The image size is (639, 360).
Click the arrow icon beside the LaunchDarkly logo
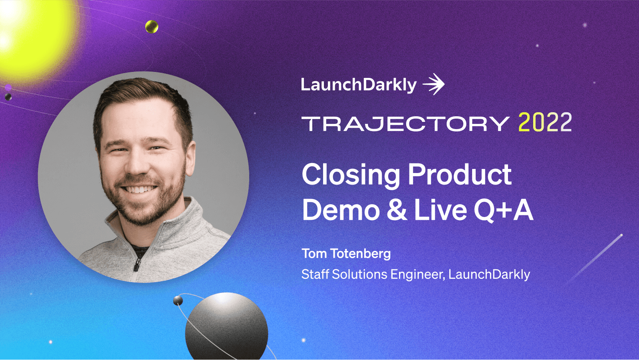(434, 84)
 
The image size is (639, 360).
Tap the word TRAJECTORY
(405, 124)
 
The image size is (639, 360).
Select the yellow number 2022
(545, 123)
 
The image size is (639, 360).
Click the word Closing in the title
(351, 175)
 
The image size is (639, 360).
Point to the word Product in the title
(459, 175)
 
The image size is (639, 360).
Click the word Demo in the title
(341, 210)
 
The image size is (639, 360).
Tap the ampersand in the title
(397, 210)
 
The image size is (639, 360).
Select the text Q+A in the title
(503, 210)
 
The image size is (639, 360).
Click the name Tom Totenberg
(346, 254)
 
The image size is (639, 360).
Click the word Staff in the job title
(315, 274)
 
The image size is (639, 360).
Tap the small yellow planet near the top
(152, 27)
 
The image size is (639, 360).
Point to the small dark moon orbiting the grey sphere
(178, 300)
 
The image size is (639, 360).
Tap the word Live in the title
(440, 210)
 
